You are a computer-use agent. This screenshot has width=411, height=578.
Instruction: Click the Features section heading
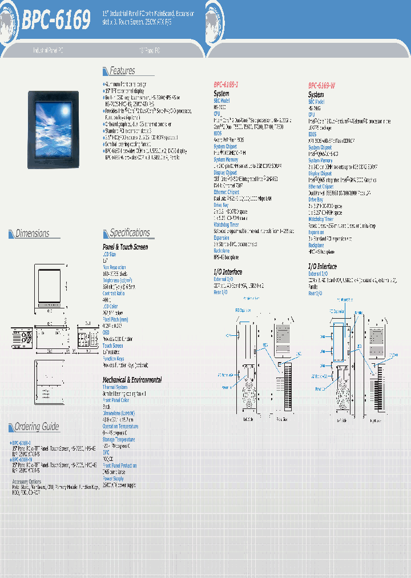click(x=122, y=71)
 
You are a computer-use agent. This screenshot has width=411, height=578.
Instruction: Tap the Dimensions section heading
click(x=32, y=233)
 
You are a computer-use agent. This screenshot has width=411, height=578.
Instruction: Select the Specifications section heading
click(x=130, y=232)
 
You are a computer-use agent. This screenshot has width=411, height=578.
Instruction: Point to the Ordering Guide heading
click(x=37, y=427)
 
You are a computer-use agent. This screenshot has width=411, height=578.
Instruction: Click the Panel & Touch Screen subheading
click(x=125, y=247)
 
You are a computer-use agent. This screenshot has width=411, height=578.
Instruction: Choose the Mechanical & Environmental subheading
click(x=132, y=380)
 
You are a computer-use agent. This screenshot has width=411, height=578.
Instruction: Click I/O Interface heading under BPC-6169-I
click(x=228, y=272)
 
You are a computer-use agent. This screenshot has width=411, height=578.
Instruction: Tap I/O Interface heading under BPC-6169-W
click(x=323, y=266)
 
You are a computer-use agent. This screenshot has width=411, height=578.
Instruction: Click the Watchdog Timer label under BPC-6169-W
click(x=320, y=219)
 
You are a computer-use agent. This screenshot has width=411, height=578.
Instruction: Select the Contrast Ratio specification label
click(x=114, y=293)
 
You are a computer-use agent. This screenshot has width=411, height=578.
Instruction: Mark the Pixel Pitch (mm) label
click(x=115, y=320)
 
